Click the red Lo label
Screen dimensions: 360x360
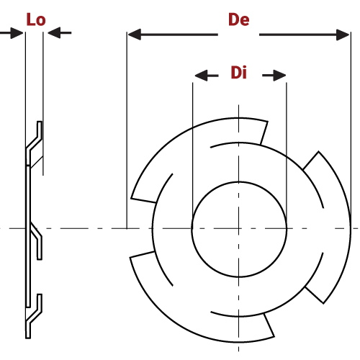[x=35, y=19]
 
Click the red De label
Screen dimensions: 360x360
[x=238, y=19]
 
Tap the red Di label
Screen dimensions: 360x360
[x=238, y=73]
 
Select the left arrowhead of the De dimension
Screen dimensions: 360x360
[x=134, y=34]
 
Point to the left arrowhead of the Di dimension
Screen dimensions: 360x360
[x=201, y=76]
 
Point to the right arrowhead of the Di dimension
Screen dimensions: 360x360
[x=279, y=76]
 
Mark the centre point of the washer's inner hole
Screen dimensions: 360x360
[x=239, y=228]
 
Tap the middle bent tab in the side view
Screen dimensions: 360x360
[x=36, y=241]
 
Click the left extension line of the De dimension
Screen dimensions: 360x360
[x=127, y=144]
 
